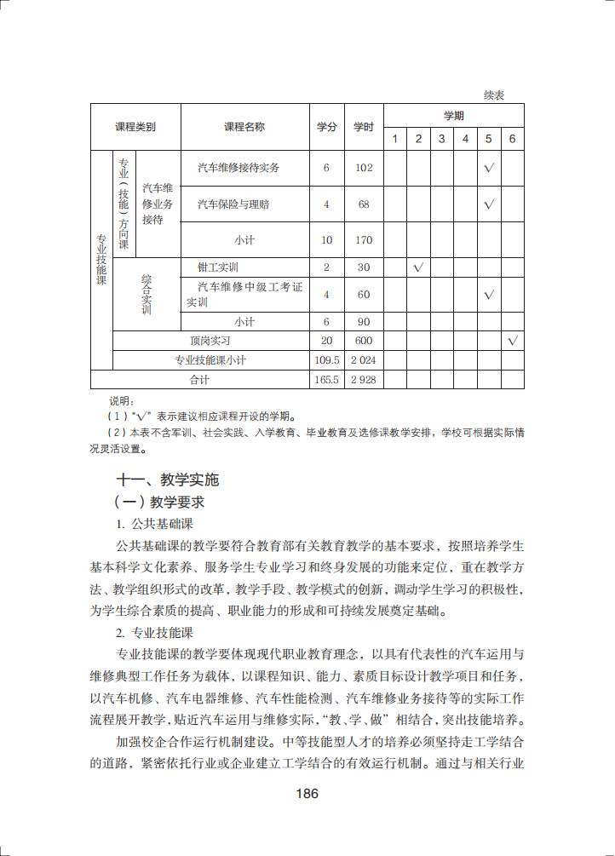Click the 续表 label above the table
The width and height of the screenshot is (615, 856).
click(x=494, y=95)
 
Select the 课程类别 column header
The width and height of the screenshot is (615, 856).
click(x=135, y=127)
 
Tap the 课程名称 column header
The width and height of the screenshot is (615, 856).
click(x=244, y=127)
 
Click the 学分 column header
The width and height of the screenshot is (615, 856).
click(x=326, y=127)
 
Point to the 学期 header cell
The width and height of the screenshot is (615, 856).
click(x=453, y=115)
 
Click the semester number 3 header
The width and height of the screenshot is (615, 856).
click(x=441, y=139)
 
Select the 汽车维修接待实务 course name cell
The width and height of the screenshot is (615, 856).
click(x=239, y=168)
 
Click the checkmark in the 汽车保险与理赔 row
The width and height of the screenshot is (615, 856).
click(x=489, y=204)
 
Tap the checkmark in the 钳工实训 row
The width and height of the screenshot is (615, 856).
click(x=418, y=267)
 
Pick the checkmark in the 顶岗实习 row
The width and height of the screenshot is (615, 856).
click(x=513, y=341)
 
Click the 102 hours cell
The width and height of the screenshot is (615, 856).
click(x=364, y=168)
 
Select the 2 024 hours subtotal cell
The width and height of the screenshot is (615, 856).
click(x=364, y=360)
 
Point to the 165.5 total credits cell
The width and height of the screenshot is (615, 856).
click(x=326, y=380)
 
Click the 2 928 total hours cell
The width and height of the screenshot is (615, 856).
click(x=364, y=380)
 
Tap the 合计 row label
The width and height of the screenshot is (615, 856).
click(x=198, y=380)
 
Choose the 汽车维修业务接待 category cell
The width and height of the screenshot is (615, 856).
click(x=158, y=204)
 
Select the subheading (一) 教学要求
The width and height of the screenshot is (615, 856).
click(x=160, y=502)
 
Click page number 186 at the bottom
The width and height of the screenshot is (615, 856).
click(x=307, y=794)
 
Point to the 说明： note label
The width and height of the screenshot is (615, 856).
click(x=122, y=400)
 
